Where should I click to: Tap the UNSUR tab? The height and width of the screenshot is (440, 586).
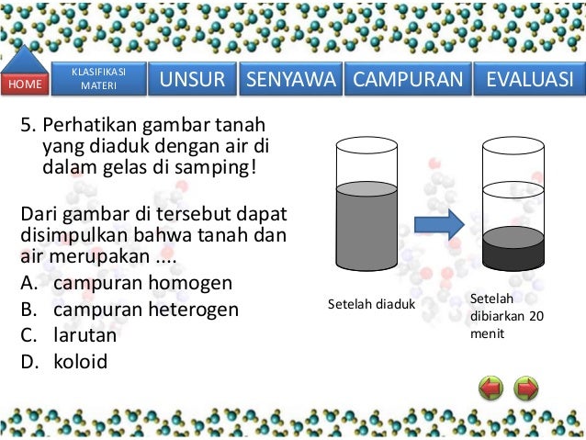[193, 80]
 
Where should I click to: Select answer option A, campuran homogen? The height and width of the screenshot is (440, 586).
[142, 282]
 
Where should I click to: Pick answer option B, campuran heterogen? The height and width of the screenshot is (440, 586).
[145, 309]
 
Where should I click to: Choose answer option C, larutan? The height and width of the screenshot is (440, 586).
[85, 334]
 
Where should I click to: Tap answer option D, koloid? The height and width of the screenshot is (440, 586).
[80, 361]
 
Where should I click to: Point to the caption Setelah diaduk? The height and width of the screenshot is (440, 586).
[371, 304]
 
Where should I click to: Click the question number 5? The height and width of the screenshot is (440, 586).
[26, 124]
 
